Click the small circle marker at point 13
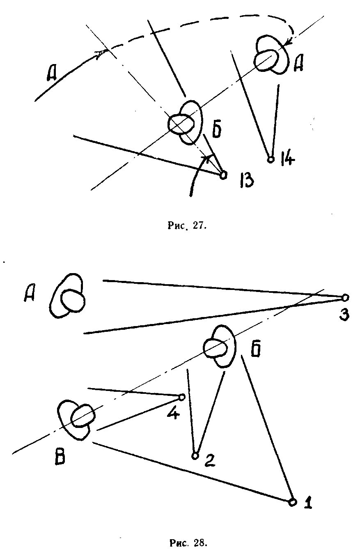tap(223, 175)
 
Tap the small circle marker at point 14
tap(270, 159)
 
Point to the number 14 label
tap(286, 158)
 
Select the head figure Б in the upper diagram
tap(186, 123)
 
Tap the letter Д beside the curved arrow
tap(51, 74)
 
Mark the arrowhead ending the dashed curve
tap(289, 42)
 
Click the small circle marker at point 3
tap(345, 297)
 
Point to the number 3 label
tap(344, 315)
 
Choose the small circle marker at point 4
tap(182, 397)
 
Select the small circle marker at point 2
tap(195, 455)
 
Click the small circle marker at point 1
tap(292, 502)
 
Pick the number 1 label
tap(308, 502)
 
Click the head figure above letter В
tap(76, 420)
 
